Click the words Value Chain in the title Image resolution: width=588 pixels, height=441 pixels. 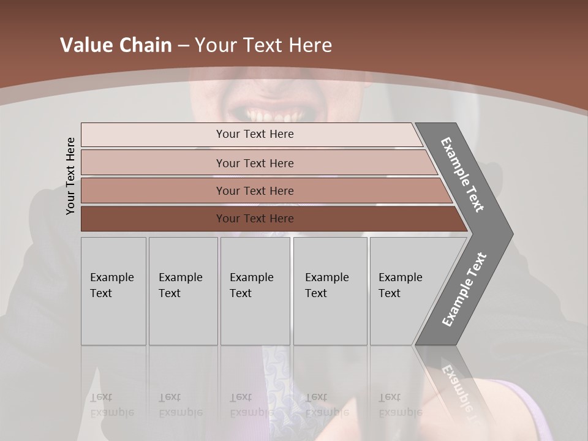(116, 45)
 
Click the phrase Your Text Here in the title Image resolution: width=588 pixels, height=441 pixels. (263, 45)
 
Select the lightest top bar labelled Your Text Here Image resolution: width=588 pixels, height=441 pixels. (255, 134)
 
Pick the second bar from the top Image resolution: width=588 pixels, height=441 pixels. (255, 163)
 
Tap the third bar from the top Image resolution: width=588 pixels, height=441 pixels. (255, 190)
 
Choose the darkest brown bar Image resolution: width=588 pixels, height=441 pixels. (255, 219)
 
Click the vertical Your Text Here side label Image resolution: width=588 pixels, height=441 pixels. (70, 176)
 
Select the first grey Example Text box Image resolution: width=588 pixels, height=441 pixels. (113, 290)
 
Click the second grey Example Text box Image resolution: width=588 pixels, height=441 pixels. (183, 290)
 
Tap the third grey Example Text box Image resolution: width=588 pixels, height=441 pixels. (255, 290)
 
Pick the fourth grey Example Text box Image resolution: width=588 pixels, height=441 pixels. (330, 290)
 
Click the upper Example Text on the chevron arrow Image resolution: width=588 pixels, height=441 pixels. (463, 175)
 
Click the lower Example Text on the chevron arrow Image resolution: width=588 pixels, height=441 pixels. (464, 290)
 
